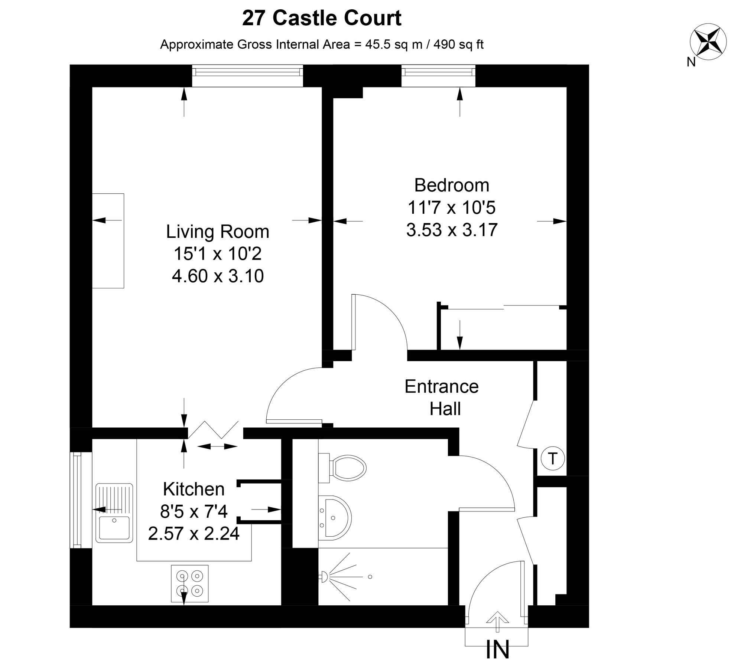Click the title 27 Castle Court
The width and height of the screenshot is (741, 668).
[322, 18]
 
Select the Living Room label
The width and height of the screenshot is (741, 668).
[217, 232]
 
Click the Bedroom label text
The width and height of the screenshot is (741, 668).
[452, 185]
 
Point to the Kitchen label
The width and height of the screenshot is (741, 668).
[194, 489]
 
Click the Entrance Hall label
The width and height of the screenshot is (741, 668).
[442, 397]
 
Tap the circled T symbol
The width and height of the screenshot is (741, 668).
[553, 459]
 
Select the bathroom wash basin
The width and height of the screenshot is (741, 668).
[335, 517]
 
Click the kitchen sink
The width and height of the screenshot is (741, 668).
[114, 513]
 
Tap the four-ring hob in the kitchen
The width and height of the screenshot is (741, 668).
[189, 583]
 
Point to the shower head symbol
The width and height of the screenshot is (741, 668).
[324, 576]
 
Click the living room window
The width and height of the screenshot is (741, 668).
[247, 76]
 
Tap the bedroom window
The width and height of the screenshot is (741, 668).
[438, 76]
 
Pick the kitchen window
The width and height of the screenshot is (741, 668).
[77, 500]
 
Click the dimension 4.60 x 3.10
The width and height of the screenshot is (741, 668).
[218, 276]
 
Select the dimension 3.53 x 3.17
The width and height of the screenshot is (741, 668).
[452, 230]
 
